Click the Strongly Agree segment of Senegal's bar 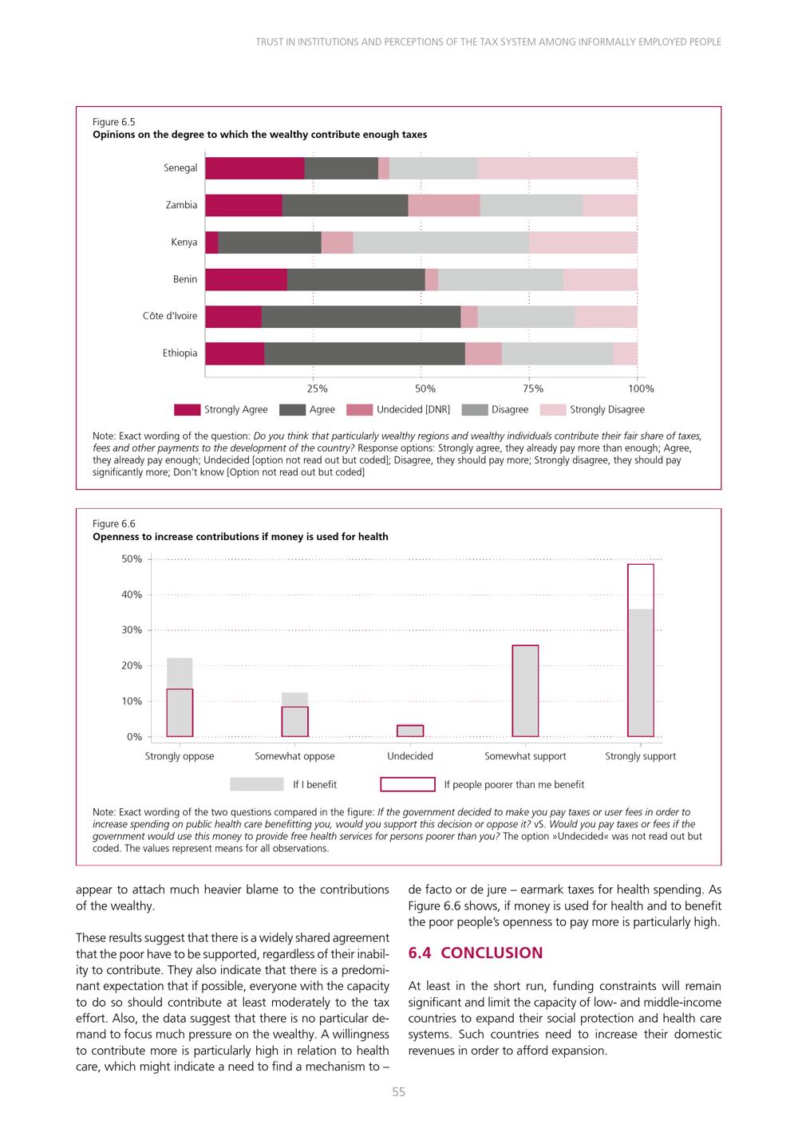[x=255, y=168]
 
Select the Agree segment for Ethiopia [x=365, y=353]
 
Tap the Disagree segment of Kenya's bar [x=441, y=243]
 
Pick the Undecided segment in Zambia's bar [x=444, y=206]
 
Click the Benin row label [x=185, y=279]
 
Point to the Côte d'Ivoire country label [x=170, y=316]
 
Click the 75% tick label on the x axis [x=533, y=388]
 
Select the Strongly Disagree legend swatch [x=553, y=409]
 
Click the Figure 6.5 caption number [x=114, y=122]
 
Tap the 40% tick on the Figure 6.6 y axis [x=132, y=595]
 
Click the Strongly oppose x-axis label [x=180, y=756]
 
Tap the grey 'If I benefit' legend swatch [x=257, y=784]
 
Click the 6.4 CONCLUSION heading [x=476, y=952]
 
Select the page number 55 [x=398, y=1092]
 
